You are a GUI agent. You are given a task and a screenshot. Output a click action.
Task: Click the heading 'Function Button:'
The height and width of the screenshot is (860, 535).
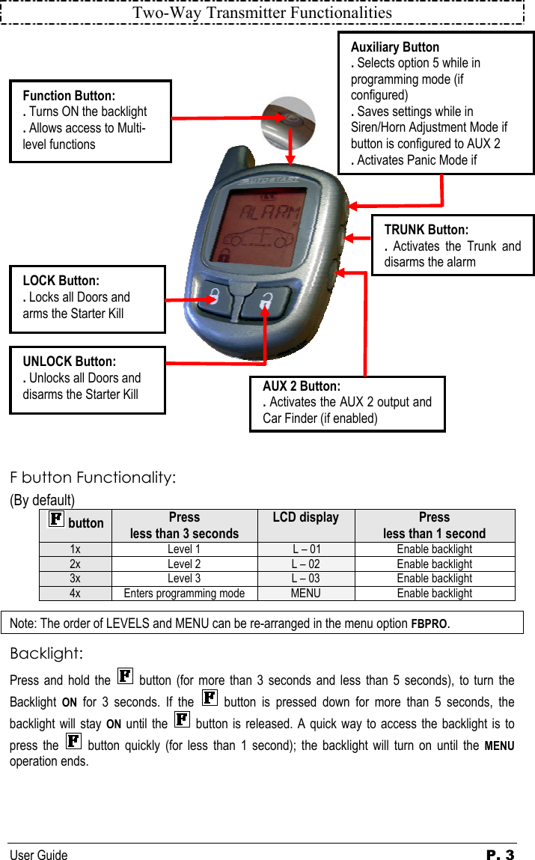pyautogui.click(x=69, y=96)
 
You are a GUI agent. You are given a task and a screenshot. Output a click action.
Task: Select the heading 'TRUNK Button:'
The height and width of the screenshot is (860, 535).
pyautogui.click(x=426, y=230)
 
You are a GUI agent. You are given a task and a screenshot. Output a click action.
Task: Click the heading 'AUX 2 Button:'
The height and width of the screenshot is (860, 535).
pyautogui.click(x=301, y=386)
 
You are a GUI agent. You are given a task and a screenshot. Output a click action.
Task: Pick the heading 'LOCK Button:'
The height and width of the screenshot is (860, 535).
pyautogui.click(x=61, y=281)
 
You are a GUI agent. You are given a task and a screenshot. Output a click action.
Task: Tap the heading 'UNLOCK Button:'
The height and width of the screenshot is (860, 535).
pyautogui.click(x=69, y=362)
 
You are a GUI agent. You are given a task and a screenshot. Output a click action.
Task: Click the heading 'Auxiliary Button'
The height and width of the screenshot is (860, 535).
pyautogui.click(x=395, y=47)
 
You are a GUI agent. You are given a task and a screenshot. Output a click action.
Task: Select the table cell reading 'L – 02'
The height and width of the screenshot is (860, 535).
pyautogui.click(x=305, y=564)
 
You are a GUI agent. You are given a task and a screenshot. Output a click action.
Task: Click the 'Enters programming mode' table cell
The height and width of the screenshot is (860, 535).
pyautogui.click(x=184, y=594)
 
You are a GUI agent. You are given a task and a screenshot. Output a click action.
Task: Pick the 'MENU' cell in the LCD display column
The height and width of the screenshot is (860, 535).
pyautogui.click(x=305, y=594)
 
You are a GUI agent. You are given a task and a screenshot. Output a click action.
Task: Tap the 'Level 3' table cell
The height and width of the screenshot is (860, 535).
pyautogui.click(x=184, y=579)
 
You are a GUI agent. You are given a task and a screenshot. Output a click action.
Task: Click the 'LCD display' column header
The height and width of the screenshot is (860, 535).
pyautogui.click(x=305, y=517)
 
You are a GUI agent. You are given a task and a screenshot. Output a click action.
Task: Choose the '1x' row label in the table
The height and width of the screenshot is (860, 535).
pyautogui.click(x=76, y=549)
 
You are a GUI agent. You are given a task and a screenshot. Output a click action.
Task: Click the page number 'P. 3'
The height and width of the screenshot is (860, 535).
pyautogui.click(x=499, y=855)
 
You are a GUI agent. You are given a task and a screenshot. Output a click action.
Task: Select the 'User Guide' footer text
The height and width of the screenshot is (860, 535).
pyautogui.click(x=38, y=855)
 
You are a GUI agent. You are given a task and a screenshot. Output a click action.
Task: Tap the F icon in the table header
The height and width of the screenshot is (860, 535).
pyautogui.click(x=56, y=519)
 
